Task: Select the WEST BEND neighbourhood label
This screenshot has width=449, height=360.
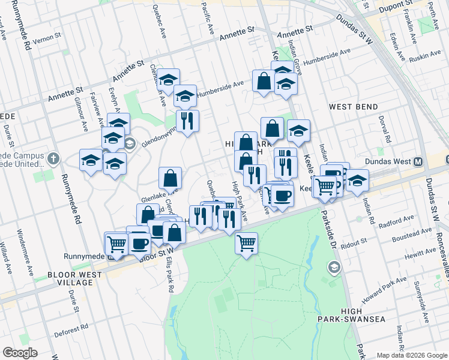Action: (x=353, y=107)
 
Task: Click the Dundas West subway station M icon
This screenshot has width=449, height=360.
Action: (x=418, y=161)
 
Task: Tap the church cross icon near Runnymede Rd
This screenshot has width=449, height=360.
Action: (x=53, y=159)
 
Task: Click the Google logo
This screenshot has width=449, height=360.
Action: (x=20, y=353)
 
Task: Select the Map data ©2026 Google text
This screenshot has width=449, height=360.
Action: (x=411, y=355)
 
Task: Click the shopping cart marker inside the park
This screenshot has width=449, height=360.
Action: (x=246, y=244)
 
